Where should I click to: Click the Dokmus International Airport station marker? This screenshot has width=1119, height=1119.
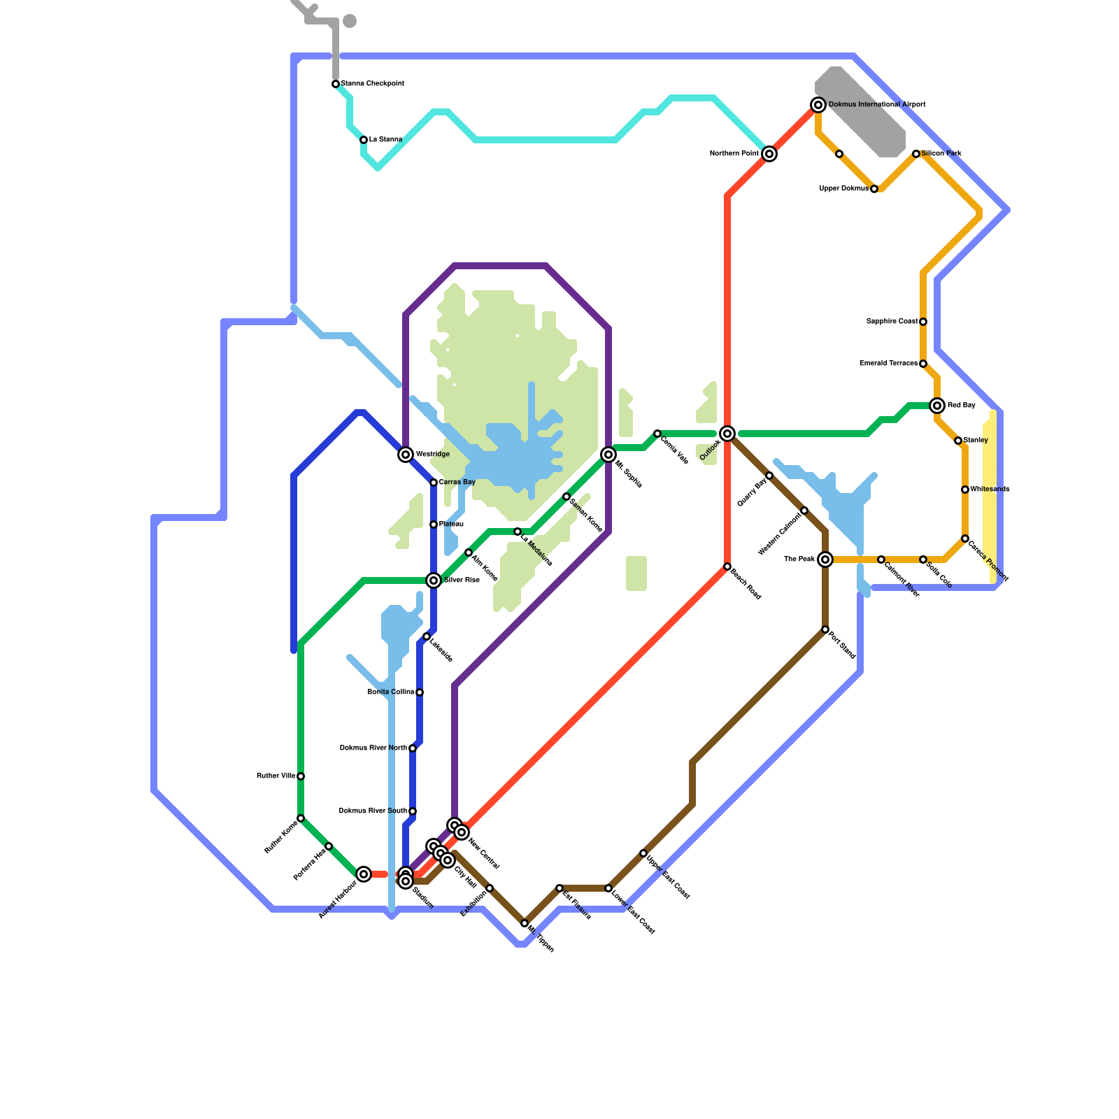pyautogui.click(x=818, y=105)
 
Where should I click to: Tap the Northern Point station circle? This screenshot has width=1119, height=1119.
pyautogui.click(x=769, y=154)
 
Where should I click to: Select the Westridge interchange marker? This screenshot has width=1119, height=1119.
pyautogui.click(x=406, y=455)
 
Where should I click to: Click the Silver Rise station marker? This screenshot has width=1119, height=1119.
pyautogui.click(x=434, y=580)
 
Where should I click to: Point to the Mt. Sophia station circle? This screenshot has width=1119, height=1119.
pyautogui.click(x=608, y=455)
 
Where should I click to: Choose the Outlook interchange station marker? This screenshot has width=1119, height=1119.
pyautogui.click(x=727, y=434)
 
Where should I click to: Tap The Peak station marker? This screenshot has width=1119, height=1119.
pyautogui.click(x=825, y=559)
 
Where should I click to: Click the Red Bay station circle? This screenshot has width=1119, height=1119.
pyautogui.click(x=937, y=406)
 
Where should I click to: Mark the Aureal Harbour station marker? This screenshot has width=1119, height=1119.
pyautogui.click(x=364, y=874)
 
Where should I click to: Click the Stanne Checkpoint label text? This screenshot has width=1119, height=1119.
pyautogui.click(x=372, y=84)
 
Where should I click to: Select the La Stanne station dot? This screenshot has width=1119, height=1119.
pyautogui.click(x=364, y=140)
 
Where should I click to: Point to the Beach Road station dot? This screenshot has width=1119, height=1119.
pyautogui.click(x=727, y=566)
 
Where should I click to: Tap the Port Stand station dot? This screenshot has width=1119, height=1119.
pyautogui.click(x=825, y=629)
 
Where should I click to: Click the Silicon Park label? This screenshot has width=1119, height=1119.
pyautogui.click(x=941, y=154)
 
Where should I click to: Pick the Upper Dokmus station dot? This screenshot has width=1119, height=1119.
pyautogui.click(x=874, y=189)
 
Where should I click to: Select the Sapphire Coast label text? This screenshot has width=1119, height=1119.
pyautogui.click(x=892, y=322)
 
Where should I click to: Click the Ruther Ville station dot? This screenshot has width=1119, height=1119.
pyautogui.click(x=301, y=776)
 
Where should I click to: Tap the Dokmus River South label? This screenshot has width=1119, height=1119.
pyautogui.click(x=373, y=811)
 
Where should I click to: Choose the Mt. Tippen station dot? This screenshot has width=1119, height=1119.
pyautogui.click(x=525, y=923)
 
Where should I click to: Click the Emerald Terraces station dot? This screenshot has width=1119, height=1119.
pyautogui.click(x=923, y=364)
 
